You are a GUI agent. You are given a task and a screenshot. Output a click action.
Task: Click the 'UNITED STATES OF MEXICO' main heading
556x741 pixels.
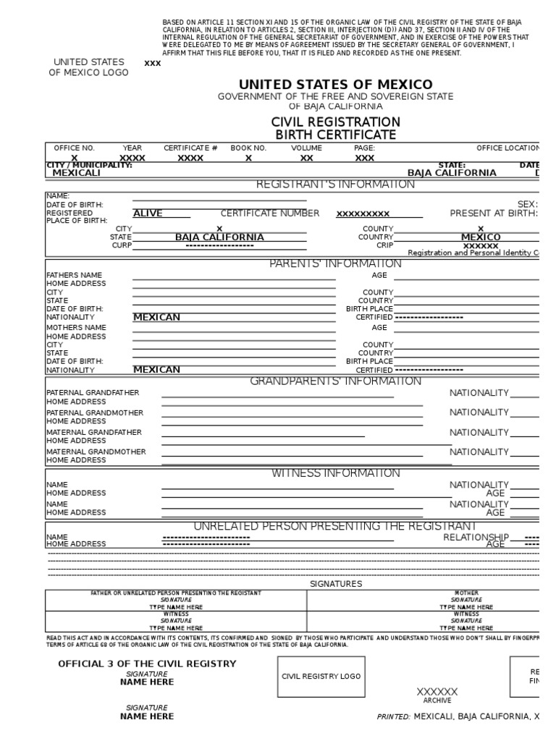click(335, 85)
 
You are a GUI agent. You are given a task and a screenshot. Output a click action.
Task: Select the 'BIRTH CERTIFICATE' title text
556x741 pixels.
click(335, 135)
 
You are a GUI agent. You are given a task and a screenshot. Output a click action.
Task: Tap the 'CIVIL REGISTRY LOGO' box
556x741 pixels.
click(321, 676)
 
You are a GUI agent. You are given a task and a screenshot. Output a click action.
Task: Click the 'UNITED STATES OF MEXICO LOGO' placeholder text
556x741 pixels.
click(88, 67)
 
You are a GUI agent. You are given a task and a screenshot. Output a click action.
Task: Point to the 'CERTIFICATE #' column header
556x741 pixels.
click(190, 148)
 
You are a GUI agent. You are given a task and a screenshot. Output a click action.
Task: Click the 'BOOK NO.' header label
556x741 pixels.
click(248, 148)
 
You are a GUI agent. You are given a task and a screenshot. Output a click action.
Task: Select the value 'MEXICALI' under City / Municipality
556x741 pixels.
click(77, 173)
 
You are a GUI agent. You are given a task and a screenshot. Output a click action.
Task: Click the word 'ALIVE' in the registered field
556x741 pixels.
click(148, 213)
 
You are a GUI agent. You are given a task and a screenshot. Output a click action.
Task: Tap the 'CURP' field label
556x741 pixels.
click(121, 245)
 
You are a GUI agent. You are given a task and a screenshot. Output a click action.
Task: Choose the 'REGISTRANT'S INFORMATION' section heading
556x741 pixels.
click(335, 185)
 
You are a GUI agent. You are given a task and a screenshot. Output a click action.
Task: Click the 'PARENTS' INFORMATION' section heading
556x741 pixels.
click(335, 263)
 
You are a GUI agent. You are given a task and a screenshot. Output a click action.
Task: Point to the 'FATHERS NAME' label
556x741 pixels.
click(75, 276)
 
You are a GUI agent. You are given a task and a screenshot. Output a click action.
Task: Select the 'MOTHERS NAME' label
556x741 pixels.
click(76, 328)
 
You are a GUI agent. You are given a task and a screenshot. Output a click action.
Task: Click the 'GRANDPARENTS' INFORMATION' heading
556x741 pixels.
click(335, 381)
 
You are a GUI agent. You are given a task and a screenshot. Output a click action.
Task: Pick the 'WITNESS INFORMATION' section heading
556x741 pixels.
click(335, 473)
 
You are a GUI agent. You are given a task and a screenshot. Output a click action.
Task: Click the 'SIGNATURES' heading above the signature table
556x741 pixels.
click(336, 583)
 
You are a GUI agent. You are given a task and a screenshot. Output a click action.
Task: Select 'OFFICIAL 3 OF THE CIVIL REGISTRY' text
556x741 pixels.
click(147, 664)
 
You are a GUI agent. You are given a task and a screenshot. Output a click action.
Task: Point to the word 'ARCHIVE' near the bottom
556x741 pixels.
click(437, 700)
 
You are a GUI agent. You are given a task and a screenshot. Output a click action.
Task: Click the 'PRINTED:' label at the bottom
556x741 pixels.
click(393, 717)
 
